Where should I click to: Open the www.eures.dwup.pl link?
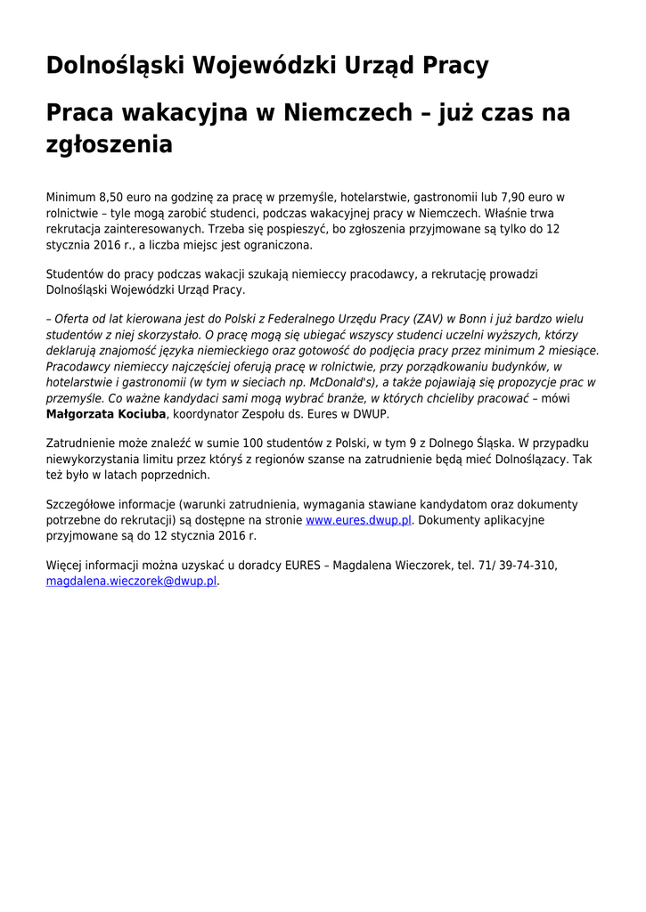pyautogui.click(x=358, y=520)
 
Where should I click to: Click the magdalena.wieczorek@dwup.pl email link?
pyautogui.click(x=132, y=581)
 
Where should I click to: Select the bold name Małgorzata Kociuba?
pyautogui.click(x=106, y=414)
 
